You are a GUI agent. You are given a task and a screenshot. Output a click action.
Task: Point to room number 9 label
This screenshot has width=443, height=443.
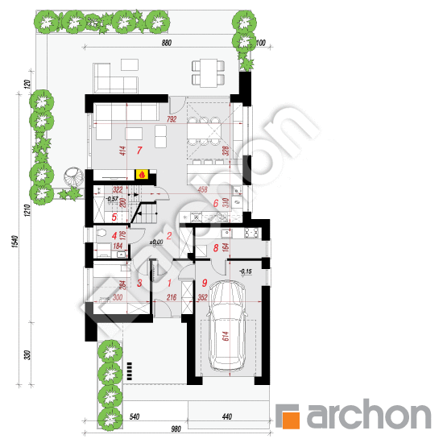coord(205,283)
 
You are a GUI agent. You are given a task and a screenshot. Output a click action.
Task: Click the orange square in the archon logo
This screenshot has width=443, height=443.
coord(291,416)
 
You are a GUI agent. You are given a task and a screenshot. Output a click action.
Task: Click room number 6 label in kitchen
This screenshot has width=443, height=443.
coord(217,203)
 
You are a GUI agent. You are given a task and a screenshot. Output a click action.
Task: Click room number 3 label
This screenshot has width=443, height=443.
coord(139,284)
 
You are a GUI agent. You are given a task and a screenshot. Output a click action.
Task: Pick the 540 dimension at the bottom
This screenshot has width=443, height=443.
coord(135,417)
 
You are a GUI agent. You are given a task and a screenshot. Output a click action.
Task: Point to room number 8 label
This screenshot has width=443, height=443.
coord(216,249)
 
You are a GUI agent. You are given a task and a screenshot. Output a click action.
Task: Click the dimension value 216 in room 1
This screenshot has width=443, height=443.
coord(171,298)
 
